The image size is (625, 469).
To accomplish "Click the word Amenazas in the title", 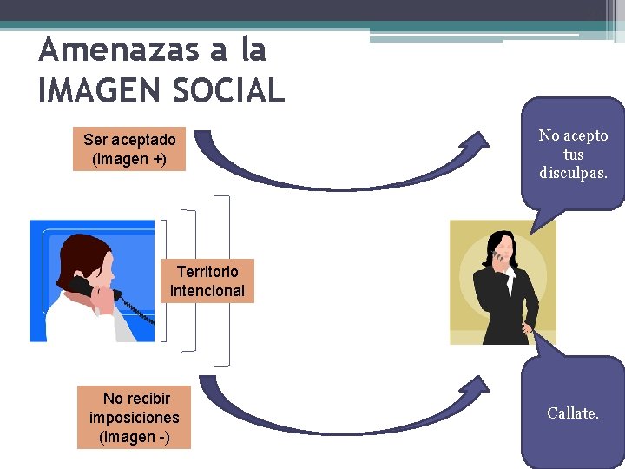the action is [x=120, y=50].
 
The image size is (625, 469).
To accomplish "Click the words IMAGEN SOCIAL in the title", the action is [x=161, y=89].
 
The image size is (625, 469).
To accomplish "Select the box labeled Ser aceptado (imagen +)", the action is [x=129, y=149].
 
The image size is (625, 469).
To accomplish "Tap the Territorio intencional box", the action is [x=207, y=281].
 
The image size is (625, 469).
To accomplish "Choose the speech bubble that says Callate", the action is [x=573, y=413].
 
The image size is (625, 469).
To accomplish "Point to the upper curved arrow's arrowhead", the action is [x=478, y=140].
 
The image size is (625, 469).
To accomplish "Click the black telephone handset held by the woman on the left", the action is [x=83, y=287].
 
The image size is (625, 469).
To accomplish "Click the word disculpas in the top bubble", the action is [x=573, y=173].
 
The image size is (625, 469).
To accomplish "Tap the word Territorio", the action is [x=207, y=272].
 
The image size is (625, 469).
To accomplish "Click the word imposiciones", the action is [x=134, y=418].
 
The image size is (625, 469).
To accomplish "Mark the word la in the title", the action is [x=252, y=50].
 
